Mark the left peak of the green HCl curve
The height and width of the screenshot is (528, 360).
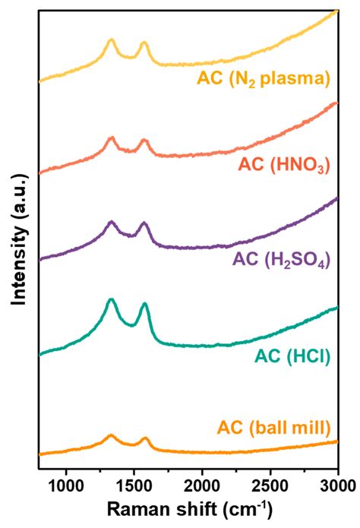[111, 300]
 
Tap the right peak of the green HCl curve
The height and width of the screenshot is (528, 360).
[144, 305]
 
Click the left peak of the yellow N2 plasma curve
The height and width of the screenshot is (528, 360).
[111, 40]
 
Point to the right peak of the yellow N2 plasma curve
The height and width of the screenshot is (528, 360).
[144, 44]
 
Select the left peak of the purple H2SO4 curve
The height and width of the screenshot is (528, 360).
[112, 222]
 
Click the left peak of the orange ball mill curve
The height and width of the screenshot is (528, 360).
[111, 436]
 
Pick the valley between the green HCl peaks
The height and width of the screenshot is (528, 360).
[131, 324]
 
